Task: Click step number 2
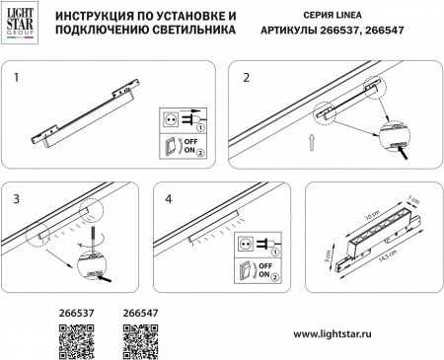pos(247,75)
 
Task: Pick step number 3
pos(16,199)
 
